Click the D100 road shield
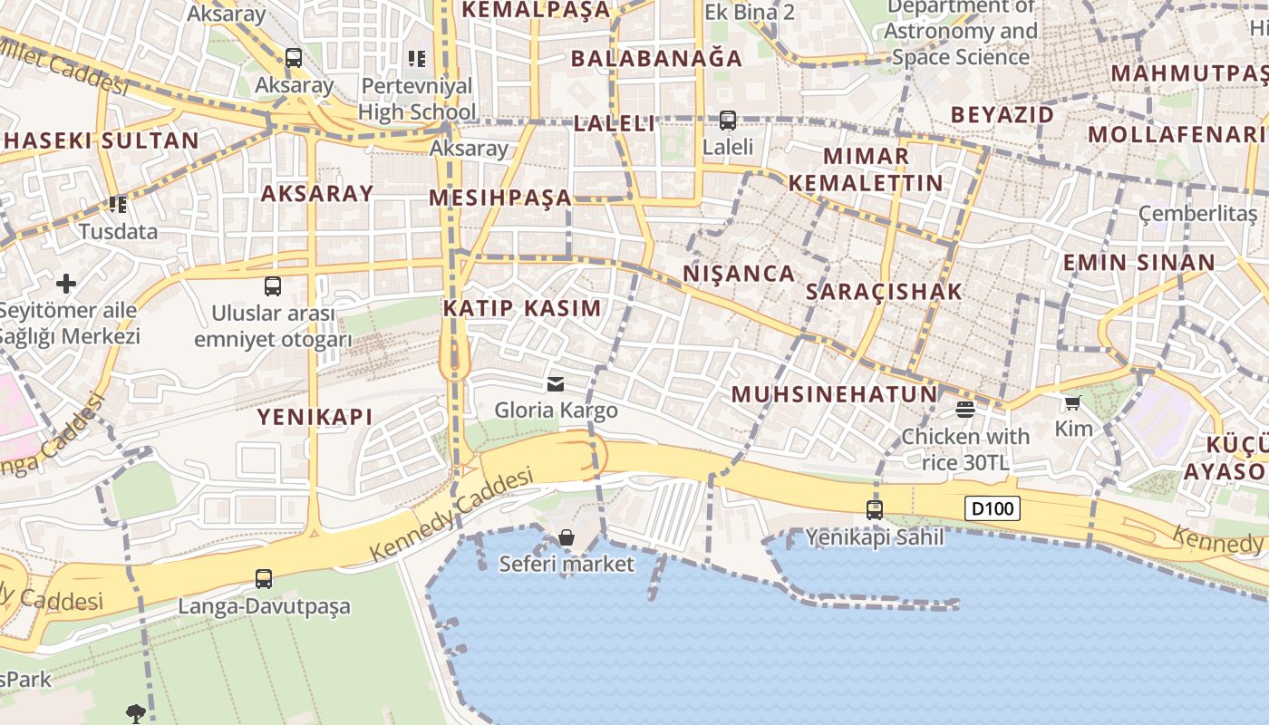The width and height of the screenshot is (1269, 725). [992, 508]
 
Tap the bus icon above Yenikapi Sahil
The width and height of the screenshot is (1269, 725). [875, 509]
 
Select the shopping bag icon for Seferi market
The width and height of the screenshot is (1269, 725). [567, 537]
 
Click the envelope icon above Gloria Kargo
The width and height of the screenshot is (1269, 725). [556, 384]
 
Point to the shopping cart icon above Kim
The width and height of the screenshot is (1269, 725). [1073, 402]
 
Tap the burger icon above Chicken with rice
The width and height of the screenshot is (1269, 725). [964, 410]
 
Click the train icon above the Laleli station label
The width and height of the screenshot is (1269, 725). [728, 120]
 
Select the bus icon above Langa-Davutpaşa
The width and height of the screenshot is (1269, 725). [264, 578]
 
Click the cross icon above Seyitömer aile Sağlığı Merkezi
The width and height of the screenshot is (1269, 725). [66, 284]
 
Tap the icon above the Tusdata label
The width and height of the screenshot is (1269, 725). [117, 205]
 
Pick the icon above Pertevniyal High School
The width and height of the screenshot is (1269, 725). [416, 59]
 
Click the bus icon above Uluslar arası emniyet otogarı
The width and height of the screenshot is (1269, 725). [273, 286]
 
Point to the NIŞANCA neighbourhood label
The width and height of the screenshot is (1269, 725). [738, 273]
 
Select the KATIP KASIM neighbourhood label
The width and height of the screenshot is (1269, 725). [522, 307]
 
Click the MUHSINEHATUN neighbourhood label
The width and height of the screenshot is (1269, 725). [834, 394]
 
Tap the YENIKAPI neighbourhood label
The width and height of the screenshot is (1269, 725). [315, 417]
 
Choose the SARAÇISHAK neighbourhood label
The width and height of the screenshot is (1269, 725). [884, 292]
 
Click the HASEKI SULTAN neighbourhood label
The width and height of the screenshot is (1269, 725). [101, 140]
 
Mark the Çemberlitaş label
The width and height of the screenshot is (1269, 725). [1198, 214]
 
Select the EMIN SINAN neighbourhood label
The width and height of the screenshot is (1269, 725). [1138, 263]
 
